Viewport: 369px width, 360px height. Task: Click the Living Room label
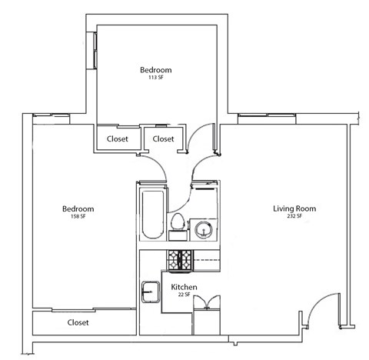coord(294,208)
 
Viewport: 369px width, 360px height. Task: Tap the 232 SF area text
coord(295,218)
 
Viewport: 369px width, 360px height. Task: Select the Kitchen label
coord(184,287)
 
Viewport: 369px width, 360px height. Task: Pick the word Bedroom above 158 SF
coord(78,208)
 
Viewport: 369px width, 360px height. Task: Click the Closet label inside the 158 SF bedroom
coord(78,322)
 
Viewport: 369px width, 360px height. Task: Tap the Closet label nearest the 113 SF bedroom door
coord(164,139)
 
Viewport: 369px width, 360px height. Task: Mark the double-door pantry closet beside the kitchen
coord(205,315)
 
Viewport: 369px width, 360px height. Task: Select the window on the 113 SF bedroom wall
coord(95,50)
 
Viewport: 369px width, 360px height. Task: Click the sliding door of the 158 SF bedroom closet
coord(83,310)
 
